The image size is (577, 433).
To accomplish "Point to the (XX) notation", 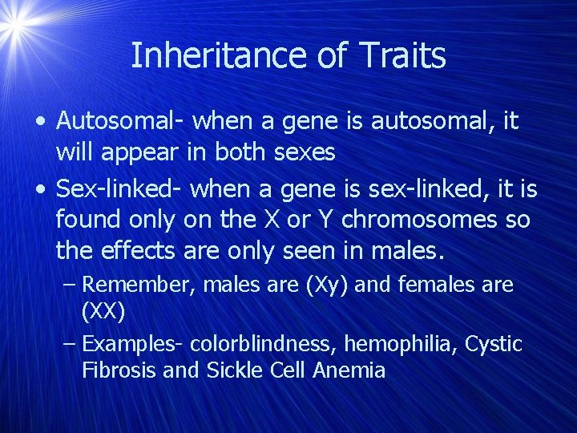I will click(103, 311).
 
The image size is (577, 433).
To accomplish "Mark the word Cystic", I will click(494, 345).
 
